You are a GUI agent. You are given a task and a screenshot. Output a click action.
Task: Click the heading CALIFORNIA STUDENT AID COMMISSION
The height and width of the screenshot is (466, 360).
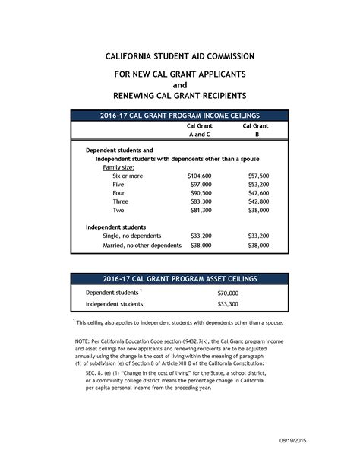click(x=179, y=56)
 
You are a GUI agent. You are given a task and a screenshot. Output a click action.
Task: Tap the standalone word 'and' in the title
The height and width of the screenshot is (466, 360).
click(x=179, y=86)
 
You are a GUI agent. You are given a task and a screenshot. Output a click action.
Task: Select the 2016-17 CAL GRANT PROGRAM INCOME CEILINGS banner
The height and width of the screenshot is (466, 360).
click(x=179, y=115)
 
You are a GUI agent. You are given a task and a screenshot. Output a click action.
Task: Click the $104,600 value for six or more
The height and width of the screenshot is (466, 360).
click(x=200, y=176)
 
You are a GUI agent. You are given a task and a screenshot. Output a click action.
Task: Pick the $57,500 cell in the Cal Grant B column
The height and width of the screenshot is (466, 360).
click(x=258, y=176)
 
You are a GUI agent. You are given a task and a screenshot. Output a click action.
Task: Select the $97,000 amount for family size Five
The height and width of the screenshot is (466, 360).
click(x=201, y=185)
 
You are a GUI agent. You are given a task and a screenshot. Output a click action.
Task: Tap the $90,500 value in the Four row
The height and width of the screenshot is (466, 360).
click(x=201, y=193)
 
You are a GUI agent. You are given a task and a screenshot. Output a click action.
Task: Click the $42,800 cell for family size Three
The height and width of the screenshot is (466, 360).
click(x=258, y=201)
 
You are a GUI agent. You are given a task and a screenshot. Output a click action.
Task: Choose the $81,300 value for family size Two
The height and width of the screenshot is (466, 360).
click(x=201, y=210)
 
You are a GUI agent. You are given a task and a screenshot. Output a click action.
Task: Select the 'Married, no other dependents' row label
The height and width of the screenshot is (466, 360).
click(x=142, y=246)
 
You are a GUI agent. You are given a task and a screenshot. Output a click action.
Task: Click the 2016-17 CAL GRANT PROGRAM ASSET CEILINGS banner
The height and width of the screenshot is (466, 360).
click(x=179, y=279)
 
